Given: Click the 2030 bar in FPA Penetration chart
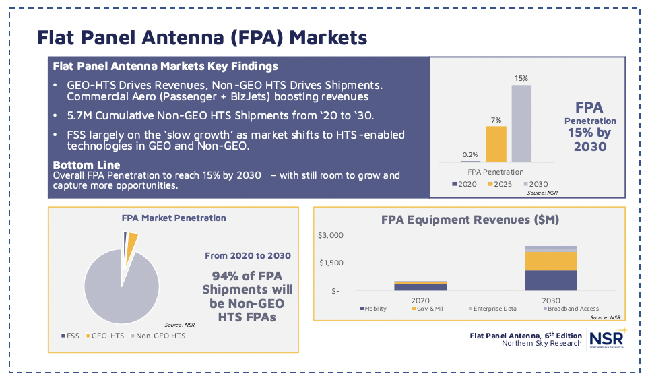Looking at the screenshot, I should [x=521, y=123].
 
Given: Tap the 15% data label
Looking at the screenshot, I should [x=521, y=79].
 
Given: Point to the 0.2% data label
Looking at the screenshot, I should [x=470, y=154].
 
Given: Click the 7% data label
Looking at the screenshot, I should [x=496, y=120].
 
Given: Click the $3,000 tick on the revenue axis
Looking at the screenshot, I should [x=331, y=235].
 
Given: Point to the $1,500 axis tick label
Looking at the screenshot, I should [x=331, y=263].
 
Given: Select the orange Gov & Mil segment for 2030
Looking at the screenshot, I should [x=551, y=260].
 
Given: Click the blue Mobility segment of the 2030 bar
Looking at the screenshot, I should [x=551, y=280].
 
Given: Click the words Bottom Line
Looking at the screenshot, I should [x=86, y=165].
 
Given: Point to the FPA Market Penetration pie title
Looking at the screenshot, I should [x=173, y=218].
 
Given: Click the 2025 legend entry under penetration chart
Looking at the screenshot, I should [x=499, y=183].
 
